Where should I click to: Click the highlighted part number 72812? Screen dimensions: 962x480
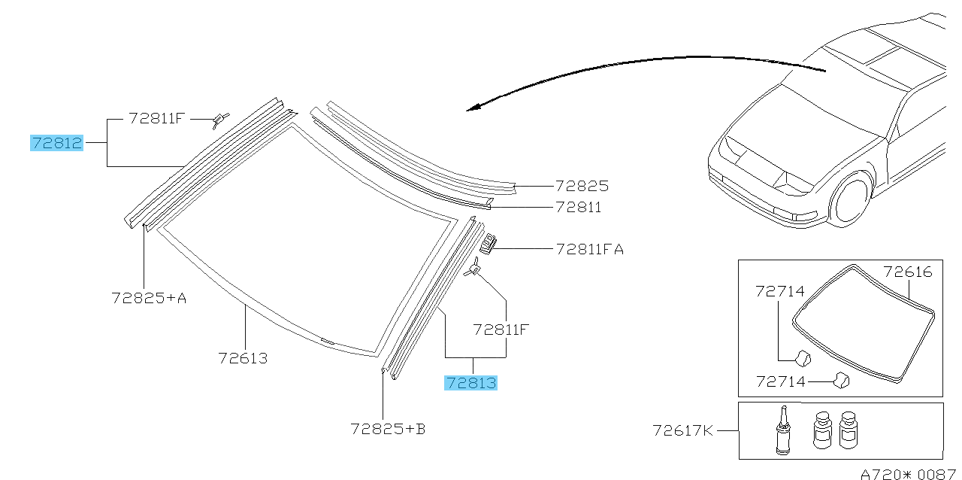click(x=56, y=143)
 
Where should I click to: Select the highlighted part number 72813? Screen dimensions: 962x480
click(x=470, y=382)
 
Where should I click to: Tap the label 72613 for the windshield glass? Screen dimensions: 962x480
click(x=243, y=358)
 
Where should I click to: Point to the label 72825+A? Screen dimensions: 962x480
click(x=149, y=298)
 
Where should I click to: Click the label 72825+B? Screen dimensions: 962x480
click(x=388, y=429)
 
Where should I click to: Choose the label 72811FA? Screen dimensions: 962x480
click(x=590, y=249)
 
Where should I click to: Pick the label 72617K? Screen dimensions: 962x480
click(x=682, y=430)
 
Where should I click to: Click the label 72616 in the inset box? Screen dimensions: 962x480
click(x=907, y=272)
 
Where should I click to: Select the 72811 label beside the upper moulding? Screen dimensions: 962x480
click(x=578, y=208)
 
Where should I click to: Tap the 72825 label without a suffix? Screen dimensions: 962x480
click(x=582, y=186)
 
